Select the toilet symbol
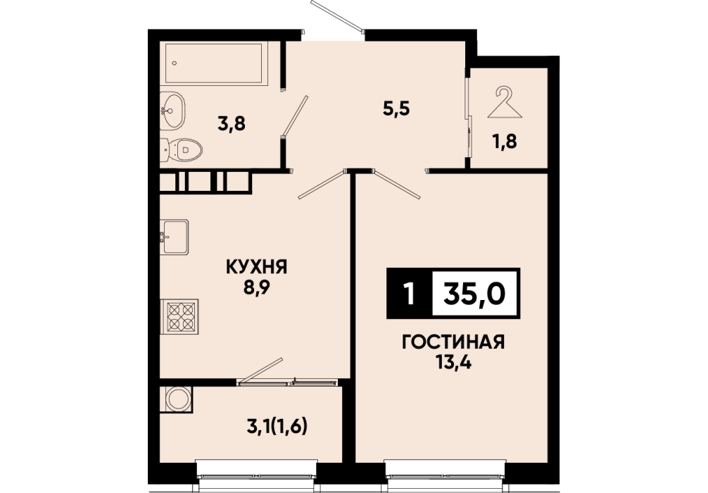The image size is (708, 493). coord(181,149)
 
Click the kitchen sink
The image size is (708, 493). coord(175,237)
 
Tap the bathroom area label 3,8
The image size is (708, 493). coord(231,123)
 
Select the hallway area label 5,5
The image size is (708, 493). coord(396,109)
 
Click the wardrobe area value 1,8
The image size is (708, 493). coord(505,142)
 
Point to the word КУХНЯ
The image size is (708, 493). coord(256,267)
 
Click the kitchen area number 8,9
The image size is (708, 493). coord(256,287)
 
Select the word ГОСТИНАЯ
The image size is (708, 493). coord(453,342)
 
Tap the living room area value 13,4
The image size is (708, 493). coord(453,363)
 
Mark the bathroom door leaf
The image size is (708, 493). coord(294,116)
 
